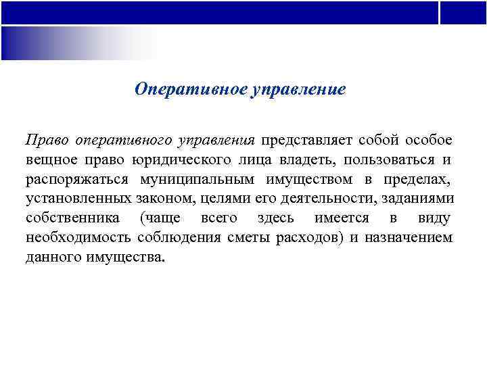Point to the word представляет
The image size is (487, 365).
[x=306, y=140]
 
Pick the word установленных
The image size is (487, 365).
[x=75, y=199]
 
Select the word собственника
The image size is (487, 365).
[x=73, y=218]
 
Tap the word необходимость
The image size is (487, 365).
[x=79, y=238]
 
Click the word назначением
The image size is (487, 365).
[x=412, y=238]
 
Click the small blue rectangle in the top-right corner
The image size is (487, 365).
[x=463, y=12]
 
